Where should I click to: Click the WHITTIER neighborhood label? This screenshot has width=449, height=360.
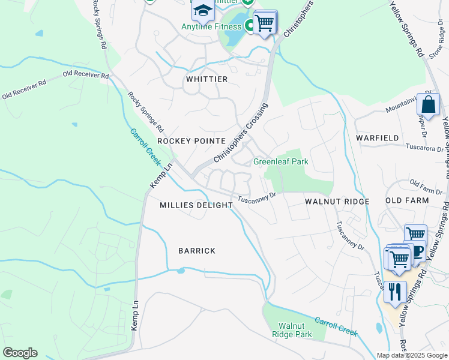(206, 79)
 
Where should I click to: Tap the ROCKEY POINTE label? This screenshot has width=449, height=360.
(182, 140)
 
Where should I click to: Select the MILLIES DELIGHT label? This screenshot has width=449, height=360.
(196, 205)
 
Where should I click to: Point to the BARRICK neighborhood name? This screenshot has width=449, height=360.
(196, 251)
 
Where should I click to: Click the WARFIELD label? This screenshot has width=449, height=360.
(377, 138)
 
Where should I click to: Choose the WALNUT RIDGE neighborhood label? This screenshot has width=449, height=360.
(337, 202)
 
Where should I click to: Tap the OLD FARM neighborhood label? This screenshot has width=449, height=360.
(407, 200)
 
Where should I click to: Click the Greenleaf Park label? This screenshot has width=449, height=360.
(280, 161)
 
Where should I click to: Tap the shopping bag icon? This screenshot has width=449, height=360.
(429, 104)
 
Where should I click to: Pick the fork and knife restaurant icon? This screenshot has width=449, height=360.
(394, 292)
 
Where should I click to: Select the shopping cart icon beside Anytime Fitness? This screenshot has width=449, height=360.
(264, 23)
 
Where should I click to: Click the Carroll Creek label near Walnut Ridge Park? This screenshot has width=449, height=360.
(336, 327)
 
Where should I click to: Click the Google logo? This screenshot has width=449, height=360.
(20, 353)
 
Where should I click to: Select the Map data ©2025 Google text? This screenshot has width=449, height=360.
(411, 355)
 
